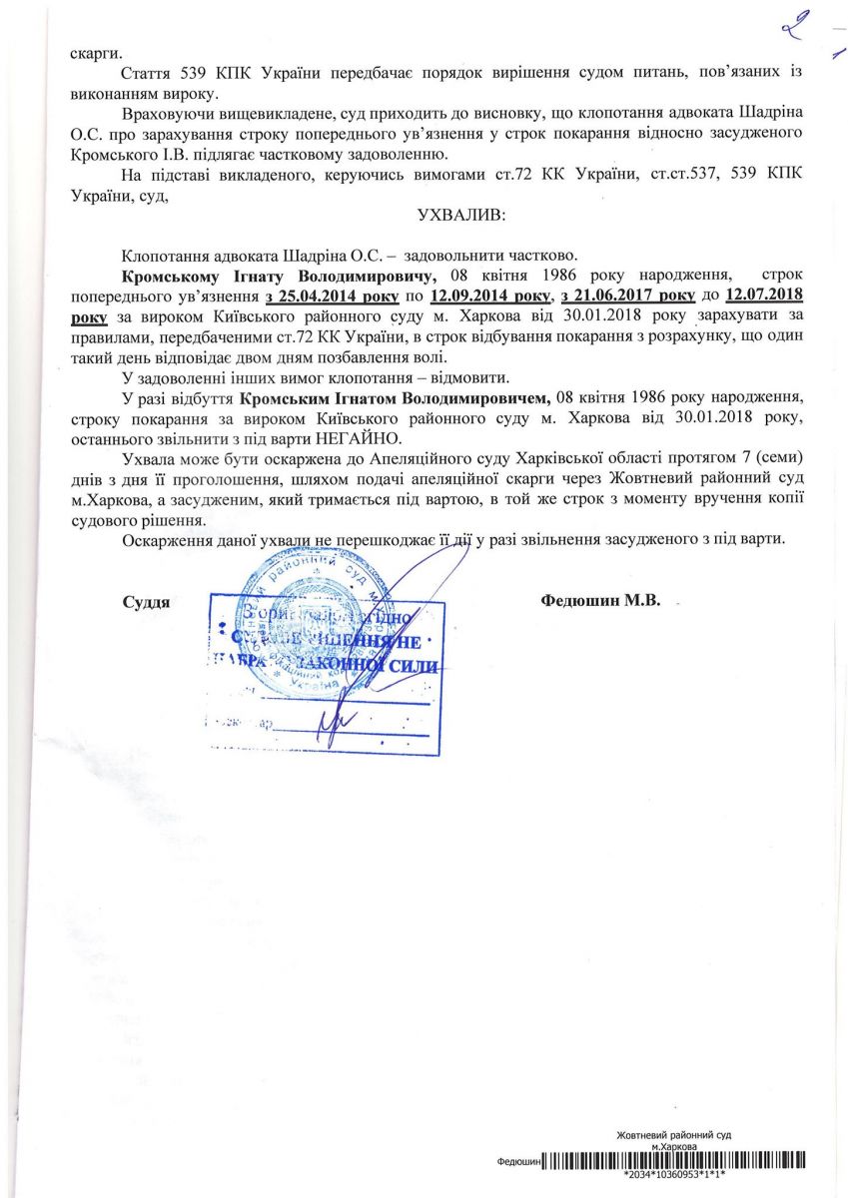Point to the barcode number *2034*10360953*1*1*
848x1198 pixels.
[687, 1176]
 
